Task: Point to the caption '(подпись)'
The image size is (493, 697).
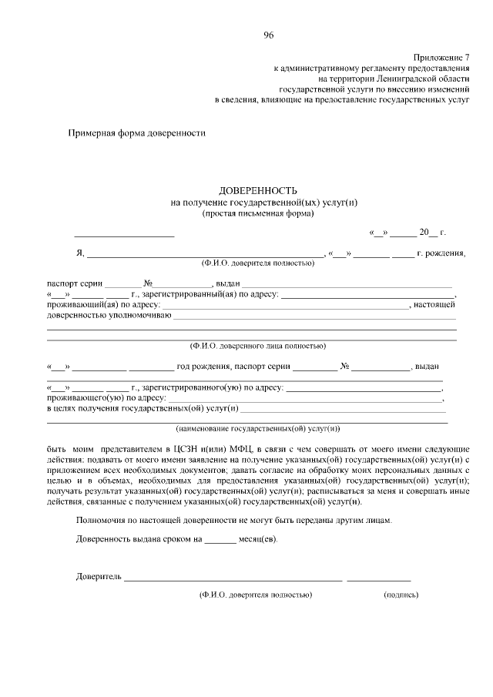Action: click(401, 595)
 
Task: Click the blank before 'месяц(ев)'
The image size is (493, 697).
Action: click(220, 541)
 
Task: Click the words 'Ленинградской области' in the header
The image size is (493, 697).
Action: click(425, 79)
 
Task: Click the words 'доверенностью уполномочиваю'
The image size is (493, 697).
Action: click(109, 315)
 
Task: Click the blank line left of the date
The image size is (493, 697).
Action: click(124, 234)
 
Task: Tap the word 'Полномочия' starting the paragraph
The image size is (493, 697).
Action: click(101, 520)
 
